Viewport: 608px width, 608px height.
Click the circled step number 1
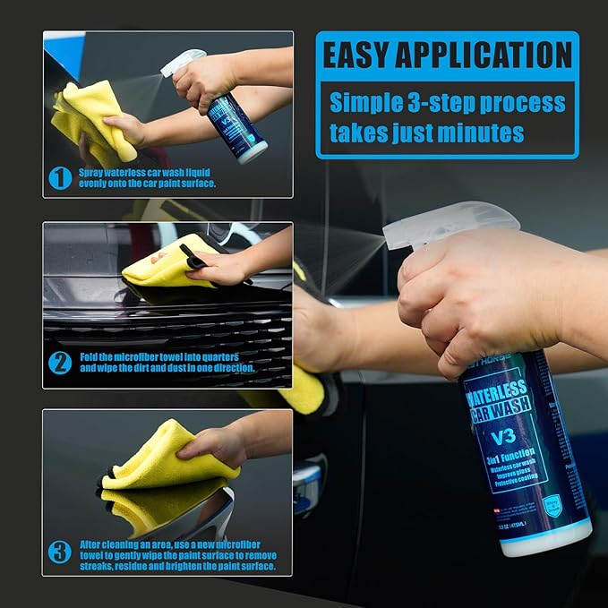[x=60, y=177]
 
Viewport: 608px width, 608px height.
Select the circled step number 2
[x=60, y=363]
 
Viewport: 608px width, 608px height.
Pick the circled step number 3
[x=60, y=550]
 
